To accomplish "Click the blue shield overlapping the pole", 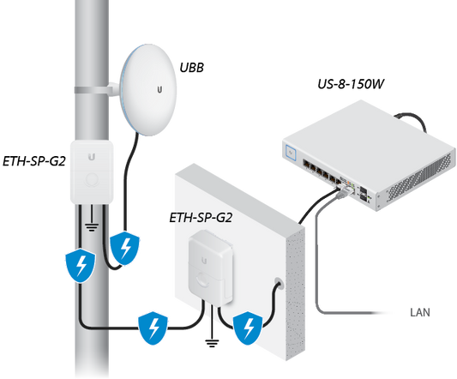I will (x=79, y=267).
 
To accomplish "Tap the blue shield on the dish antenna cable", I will (x=125, y=248).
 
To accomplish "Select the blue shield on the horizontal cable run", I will (x=153, y=327).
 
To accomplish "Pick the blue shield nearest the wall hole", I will (x=249, y=327).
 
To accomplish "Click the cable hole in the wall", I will (x=277, y=282).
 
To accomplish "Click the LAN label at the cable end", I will (x=419, y=312).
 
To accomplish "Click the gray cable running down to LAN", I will (x=316, y=266).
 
